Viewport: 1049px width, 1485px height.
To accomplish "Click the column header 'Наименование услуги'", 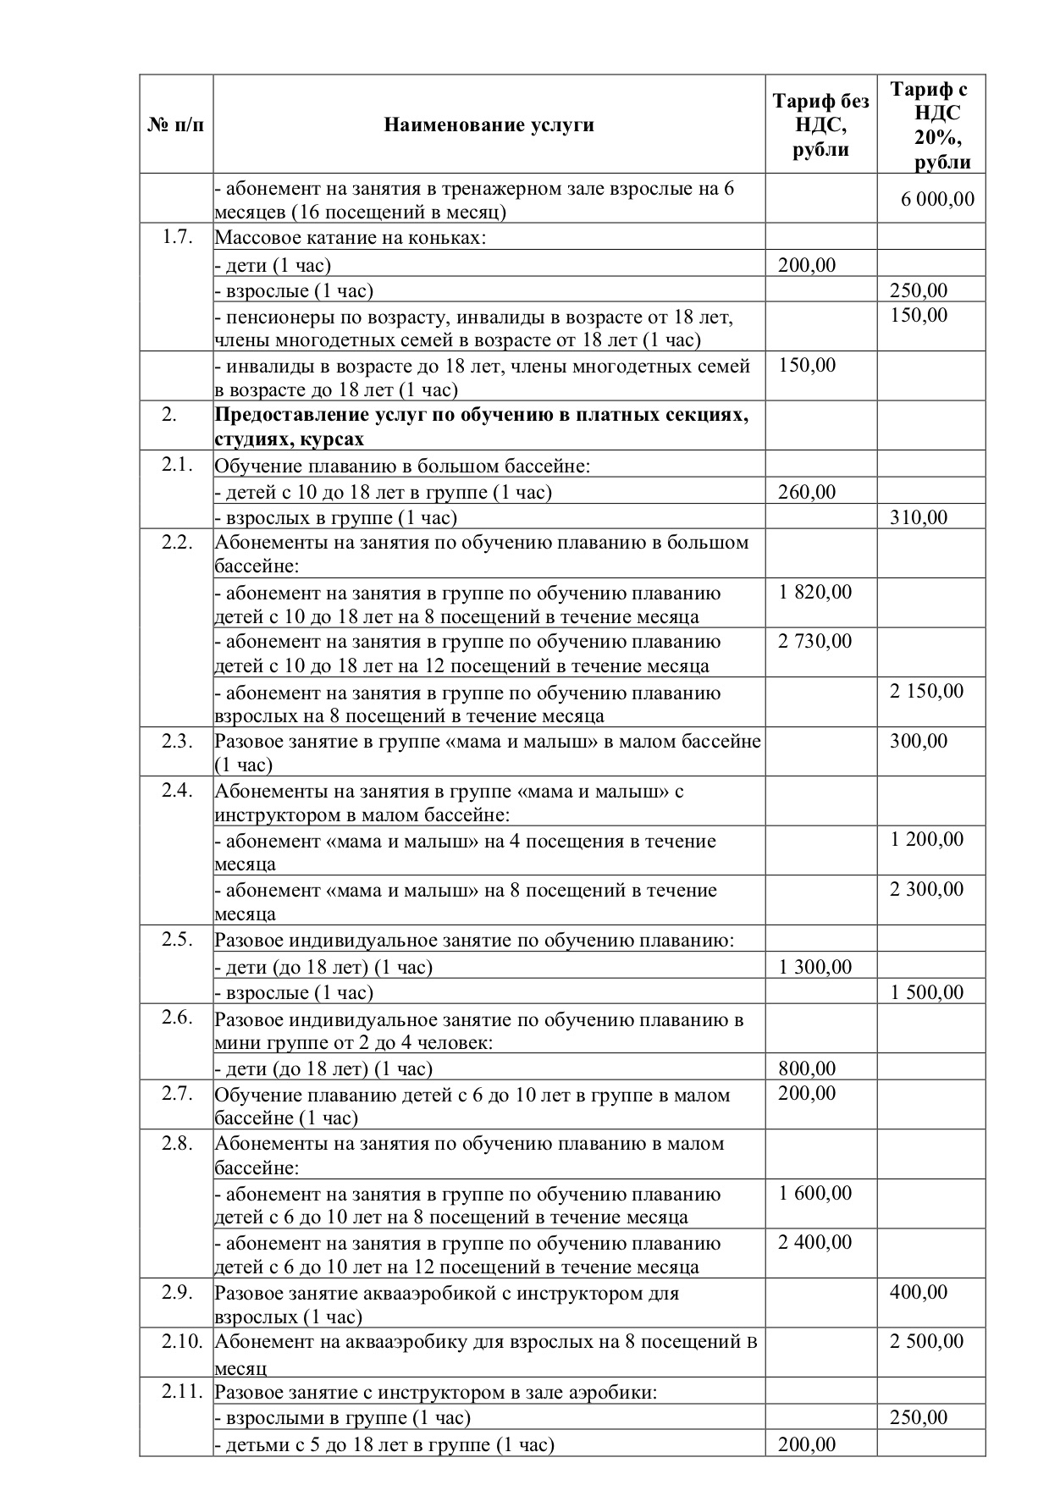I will click(x=489, y=125).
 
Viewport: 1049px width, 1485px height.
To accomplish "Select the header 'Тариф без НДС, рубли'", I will click(x=820, y=125).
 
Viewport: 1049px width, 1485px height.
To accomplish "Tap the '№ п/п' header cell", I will click(x=176, y=125).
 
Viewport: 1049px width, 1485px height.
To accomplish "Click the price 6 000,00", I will click(x=937, y=200).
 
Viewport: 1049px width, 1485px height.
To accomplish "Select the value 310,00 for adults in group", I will click(x=919, y=516).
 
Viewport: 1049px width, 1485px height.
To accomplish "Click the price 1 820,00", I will click(x=814, y=592).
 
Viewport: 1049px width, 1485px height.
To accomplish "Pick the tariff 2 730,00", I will click(x=814, y=641).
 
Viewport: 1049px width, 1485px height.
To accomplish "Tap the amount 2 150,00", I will click(x=926, y=691).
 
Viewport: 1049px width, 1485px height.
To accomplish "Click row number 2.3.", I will click(x=177, y=741).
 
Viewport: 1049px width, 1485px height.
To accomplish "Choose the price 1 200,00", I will click(x=926, y=839).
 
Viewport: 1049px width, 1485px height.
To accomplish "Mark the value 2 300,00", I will click(x=926, y=889).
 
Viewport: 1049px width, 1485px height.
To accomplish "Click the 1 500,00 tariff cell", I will click(x=926, y=991).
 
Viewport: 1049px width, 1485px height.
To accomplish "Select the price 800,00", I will click(x=806, y=1068).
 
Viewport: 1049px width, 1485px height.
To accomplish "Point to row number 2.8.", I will click(x=177, y=1143).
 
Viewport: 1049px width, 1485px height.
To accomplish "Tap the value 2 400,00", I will click(x=814, y=1242).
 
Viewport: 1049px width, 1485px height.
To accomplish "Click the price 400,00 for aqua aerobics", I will click(x=919, y=1292).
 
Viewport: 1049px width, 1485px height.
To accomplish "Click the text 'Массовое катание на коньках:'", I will click(x=351, y=237).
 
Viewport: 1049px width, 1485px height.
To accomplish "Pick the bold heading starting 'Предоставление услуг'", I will click(x=481, y=427).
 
